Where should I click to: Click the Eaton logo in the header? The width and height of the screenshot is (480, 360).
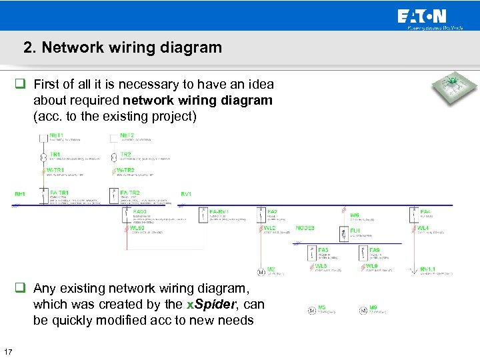421,17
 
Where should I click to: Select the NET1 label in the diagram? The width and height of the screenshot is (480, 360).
57,135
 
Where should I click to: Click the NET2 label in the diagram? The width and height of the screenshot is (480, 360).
127,135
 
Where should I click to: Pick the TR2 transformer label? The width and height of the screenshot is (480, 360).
125,155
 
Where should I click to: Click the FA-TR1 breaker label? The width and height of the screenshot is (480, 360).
59,193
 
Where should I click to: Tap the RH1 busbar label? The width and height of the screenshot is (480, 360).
20,194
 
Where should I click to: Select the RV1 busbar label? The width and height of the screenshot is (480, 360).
186,194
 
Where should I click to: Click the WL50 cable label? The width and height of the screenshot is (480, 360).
137,228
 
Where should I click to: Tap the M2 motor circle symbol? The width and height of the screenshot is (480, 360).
261,271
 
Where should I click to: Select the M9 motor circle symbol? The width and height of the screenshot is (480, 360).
363,310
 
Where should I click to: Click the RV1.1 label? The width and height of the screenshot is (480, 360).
428,269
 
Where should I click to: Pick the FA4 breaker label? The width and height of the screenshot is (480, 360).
425,212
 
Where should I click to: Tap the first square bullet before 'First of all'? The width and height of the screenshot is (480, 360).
21,85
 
